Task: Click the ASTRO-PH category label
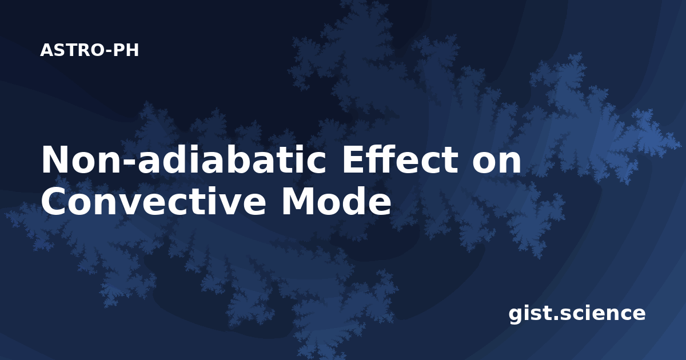[89, 50]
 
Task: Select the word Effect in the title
[400, 159]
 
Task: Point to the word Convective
[153, 201]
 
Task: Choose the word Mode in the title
[337, 201]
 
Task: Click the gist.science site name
[577, 314]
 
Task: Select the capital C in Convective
[54, 201]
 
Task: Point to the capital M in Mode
[298, 201]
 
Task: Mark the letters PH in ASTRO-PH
[126, 50]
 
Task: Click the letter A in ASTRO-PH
[47, 50]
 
